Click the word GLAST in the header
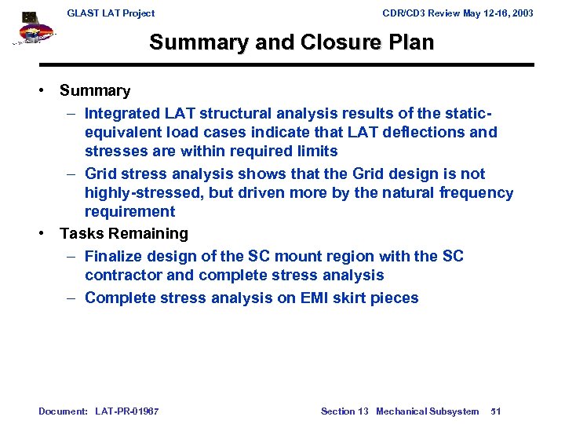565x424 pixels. (x=83, y=13)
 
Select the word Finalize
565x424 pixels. (x=115, y=256)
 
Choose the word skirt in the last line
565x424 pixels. (x=355, y=298)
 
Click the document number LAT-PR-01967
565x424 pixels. (x=126, y=411)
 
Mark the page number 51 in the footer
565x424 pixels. (x=495, y=411)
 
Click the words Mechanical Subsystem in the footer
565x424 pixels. (x=427, y=411)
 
